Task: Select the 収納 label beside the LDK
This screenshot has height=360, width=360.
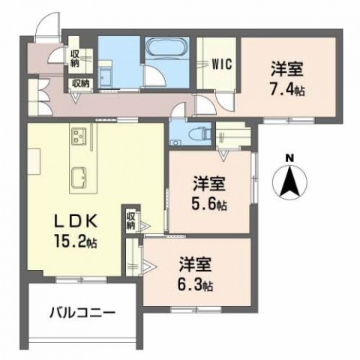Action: [x=130, y=220]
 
